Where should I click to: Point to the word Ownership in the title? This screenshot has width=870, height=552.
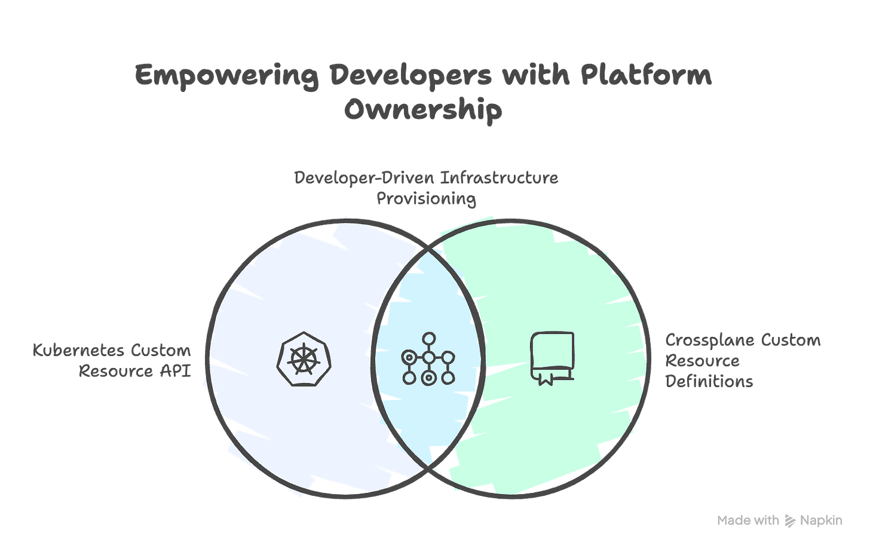tap(423, 111)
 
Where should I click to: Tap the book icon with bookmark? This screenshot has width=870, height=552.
tap(552, 358)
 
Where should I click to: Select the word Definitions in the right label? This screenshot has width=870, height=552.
tap(709, 381)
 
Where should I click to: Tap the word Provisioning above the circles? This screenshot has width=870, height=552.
tap(426, 198)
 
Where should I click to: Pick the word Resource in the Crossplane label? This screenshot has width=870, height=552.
tap(694, 361)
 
